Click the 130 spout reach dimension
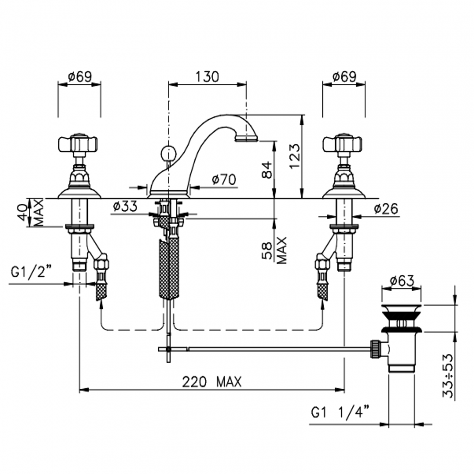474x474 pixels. coord(207,77)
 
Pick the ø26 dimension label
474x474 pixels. coord(386,209)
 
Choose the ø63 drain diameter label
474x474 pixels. coord(401,281)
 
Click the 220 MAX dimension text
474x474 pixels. coord(211,382)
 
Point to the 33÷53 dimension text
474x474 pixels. coord(448,376)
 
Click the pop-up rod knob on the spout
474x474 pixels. coord(168,151)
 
